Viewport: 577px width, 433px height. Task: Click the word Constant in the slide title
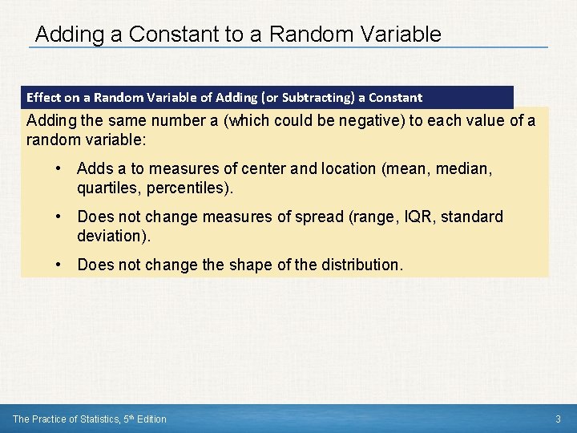(172, 34)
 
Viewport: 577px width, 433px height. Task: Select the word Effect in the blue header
(44, 98)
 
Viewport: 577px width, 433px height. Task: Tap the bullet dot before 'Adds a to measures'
(59, 168)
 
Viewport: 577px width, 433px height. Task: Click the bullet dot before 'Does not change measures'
(59, 216)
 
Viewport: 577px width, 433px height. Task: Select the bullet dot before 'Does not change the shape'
(59, 265)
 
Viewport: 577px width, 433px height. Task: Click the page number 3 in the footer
(558, 419)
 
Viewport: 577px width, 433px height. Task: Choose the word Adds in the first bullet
(94, 168)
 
